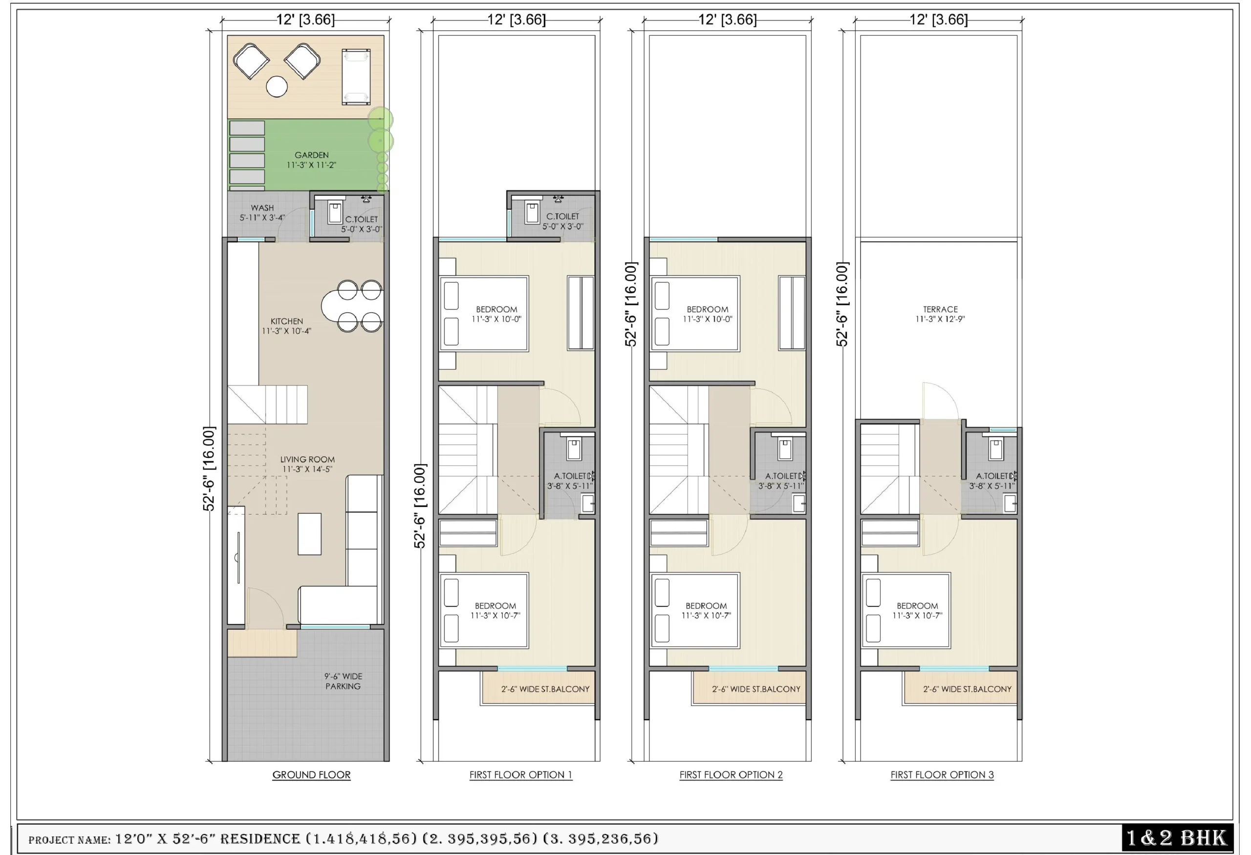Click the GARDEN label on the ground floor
[x=311, y=155]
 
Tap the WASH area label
[x=262, y=208]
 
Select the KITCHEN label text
[x=286, y=321]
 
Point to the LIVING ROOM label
[x=307, y=460]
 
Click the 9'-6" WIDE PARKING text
[x=343, y=681]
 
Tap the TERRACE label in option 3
[x=940, y=309]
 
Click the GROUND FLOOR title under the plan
[x=311, y=775]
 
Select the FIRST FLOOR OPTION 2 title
[x=731, y=775]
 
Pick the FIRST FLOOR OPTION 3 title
[x=942, y=775]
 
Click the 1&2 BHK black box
[x=1177, y=838]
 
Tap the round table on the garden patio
[x=277, y=86]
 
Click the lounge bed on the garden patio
[x=356, y=76]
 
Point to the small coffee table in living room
[x=309, y=534]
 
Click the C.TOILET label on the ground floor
[x=361, y=219]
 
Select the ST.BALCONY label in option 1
[x=545, y=689]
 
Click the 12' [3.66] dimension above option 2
[x=727, y=20]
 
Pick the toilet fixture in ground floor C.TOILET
[x=335, y=213]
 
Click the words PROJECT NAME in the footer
[x=69, y=840]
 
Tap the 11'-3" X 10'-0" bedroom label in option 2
[x=707, y=319]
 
